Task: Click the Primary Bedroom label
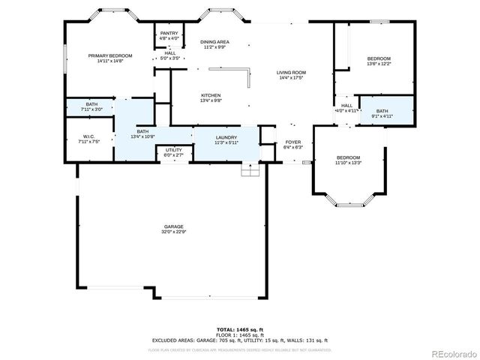coord(109,56)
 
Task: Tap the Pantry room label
coord(169,33)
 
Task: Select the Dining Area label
coord(214,41)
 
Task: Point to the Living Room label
coord(292,72)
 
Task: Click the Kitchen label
coord(210,95)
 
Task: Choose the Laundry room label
coord(226,137)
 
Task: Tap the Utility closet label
coord(173,150)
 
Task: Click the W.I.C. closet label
coord(88,136)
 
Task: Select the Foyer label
coord(292,142)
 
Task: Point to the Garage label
coord(174,226)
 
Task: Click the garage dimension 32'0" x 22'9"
coord(174,232)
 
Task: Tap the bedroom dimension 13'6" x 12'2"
coord(378,64)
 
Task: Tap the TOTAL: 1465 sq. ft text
coord(240,329)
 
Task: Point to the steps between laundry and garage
coord(249,169)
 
